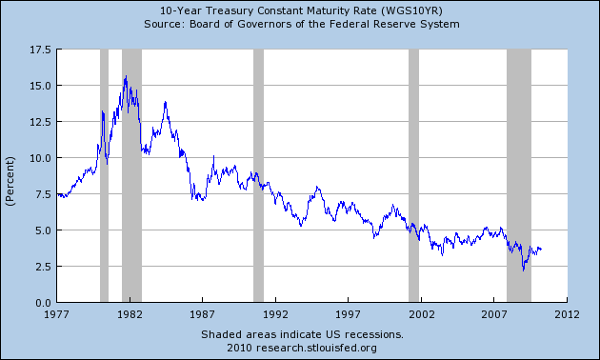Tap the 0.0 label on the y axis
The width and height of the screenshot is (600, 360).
click(42, 302)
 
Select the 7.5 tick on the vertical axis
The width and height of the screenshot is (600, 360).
click(42, 194)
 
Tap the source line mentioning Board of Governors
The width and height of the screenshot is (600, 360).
click(301, 23)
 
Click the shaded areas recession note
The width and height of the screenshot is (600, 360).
click(301, 334)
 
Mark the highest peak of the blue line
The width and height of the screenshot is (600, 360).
click(126, 76)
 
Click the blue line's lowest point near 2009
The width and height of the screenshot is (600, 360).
click(523, 270)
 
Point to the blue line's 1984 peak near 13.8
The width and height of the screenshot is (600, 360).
click(165, 102)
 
